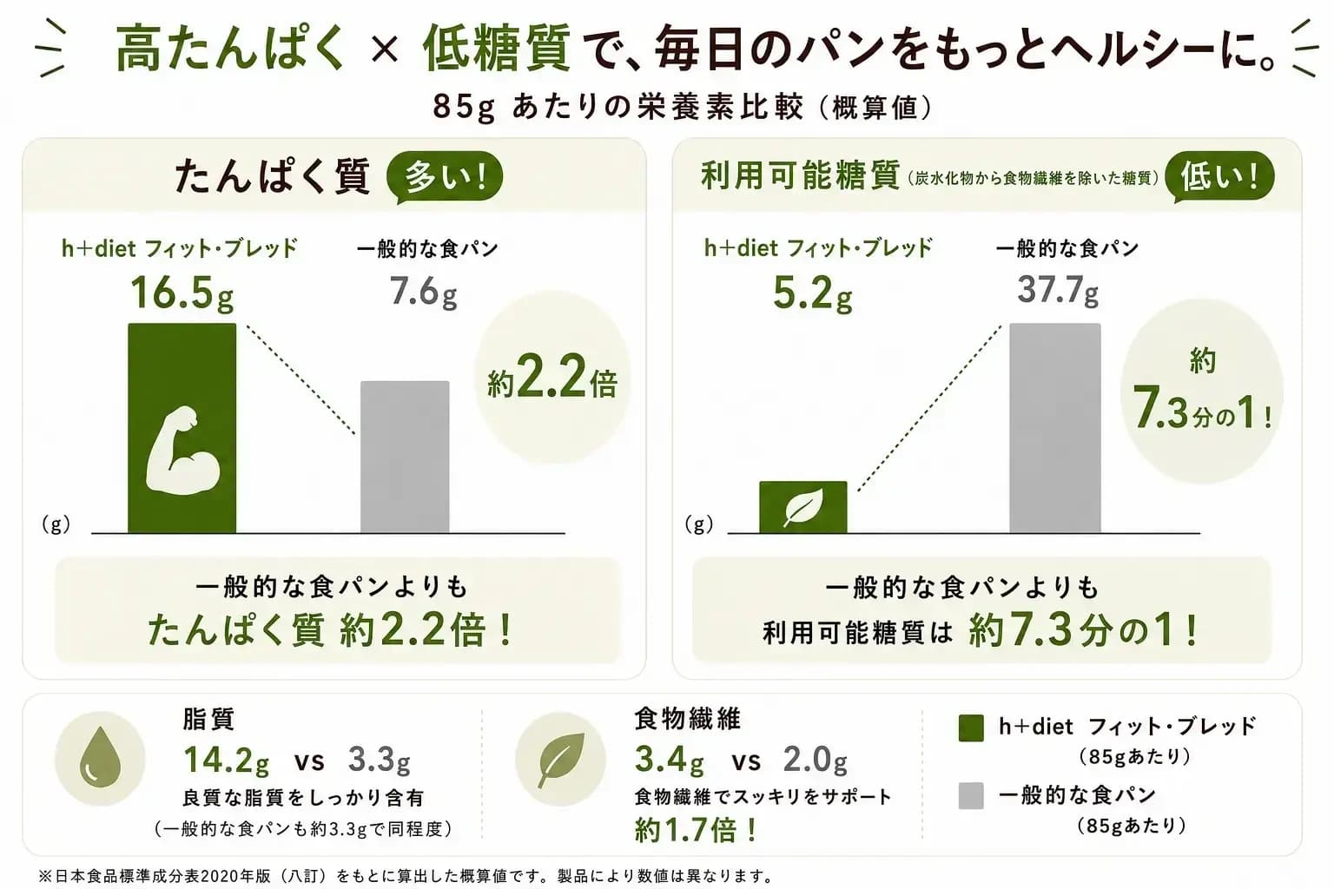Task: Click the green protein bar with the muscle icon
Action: pos(182,428)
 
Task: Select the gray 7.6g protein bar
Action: pos(405,457)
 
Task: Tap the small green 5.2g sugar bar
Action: pos(802,507)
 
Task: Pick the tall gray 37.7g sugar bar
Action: pos(1054,428)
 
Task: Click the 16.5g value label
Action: pos(182,293)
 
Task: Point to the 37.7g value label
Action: pos(1058,289)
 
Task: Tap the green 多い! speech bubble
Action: pos(445,177)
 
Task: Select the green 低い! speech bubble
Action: pos(1219,177)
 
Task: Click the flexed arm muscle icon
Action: pos(183,451)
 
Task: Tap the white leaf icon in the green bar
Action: pos(803,507)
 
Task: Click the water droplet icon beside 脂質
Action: pos(100,757)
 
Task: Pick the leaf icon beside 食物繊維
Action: pos(560,759)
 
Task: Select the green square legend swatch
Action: pos(971,728)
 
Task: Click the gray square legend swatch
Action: pos(971,796)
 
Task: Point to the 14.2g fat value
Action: pos(226,761)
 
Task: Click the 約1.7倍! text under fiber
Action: pos(696,829)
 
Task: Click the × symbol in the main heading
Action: pos(384,49)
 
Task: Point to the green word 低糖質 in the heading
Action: pos(496,48)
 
